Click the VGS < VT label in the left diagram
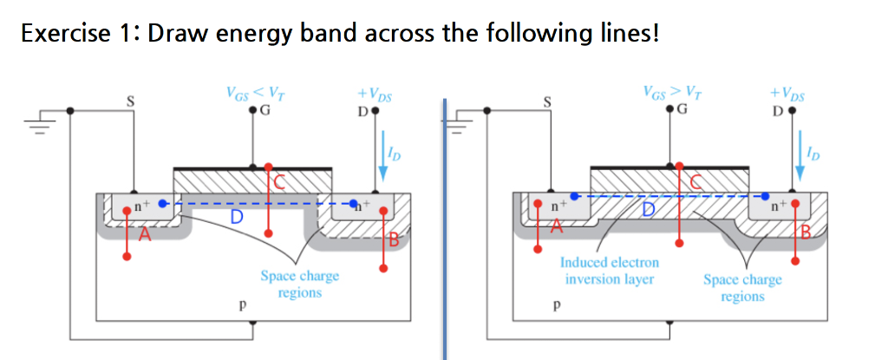click(x=251, y=91)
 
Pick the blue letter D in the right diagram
click(x=648, y=210)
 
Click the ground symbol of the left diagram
click(x=37, y=124)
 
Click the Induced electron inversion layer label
click(x=610, y=271)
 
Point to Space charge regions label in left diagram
click(x=299, y=285)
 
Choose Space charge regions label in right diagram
click(x=742, y=288)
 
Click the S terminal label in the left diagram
click(x=132, y=101)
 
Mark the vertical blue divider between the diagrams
click(x=444, y=226)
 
